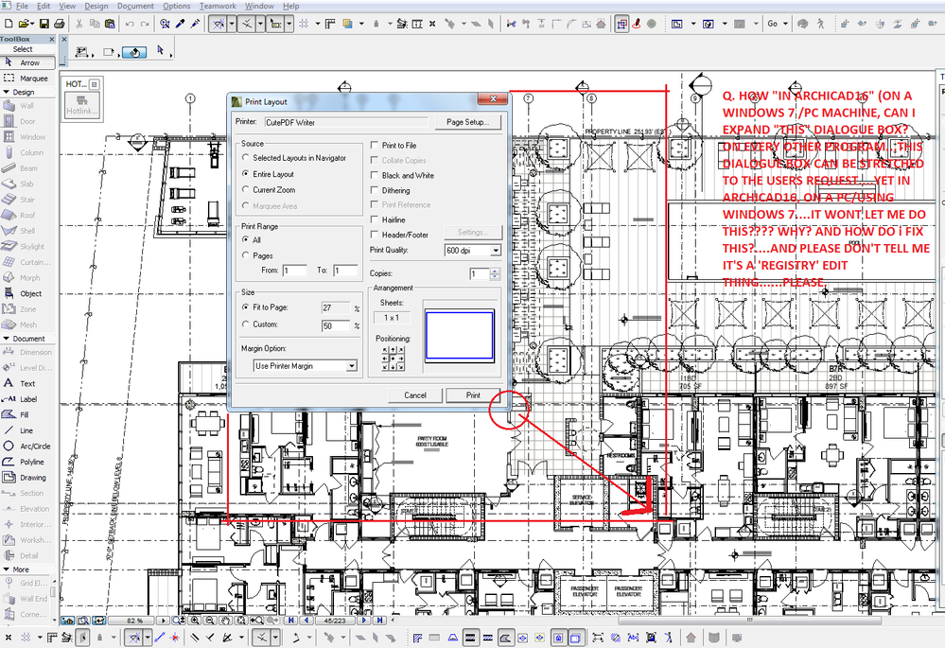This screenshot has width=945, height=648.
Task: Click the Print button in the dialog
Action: [x=473, y=395]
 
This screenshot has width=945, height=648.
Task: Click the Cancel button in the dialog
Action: [x=415, y=395]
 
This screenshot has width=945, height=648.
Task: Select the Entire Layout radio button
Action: [x=247, y=174]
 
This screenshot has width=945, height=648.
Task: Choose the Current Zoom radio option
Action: [x=247, y=190]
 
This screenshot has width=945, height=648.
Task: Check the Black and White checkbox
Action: [x=375, y=175]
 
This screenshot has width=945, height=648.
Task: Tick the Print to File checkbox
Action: [x=375, y=146]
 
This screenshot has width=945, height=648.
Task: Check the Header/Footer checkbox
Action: [x=375, y=235]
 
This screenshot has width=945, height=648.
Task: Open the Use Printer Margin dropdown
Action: [x=305, y=366]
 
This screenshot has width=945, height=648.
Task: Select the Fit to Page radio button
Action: [x=247, y=307]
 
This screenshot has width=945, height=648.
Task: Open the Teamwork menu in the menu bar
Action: [x=218, y=6]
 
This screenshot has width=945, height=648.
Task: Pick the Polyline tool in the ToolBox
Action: [x=32, y=462]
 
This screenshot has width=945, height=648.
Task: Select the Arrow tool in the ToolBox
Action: [x=29, y=62]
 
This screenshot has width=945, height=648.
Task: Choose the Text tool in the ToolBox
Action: [x=27, y=383]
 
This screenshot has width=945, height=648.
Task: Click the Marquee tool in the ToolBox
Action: [x=32, y=78]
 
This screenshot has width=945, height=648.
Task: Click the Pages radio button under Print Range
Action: [x=247, y=255]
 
